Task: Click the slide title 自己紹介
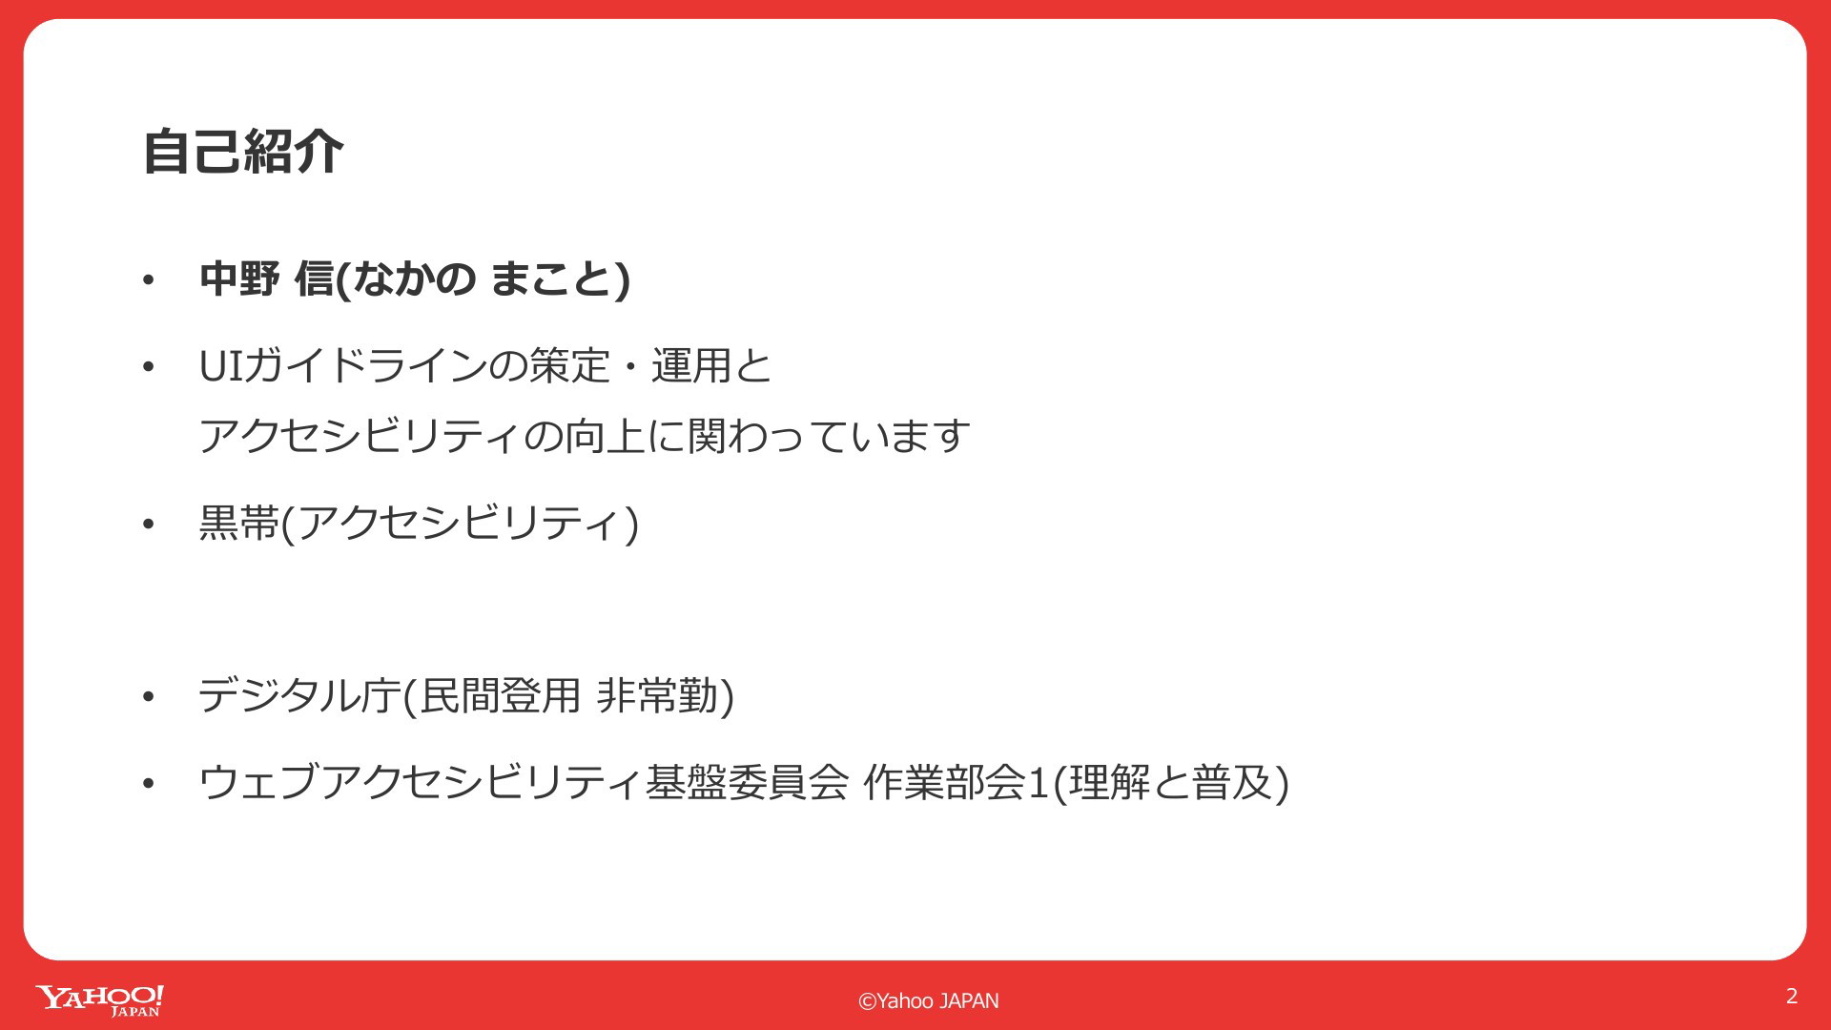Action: point(243,152)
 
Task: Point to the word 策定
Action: point(570,365)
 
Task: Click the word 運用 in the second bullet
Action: point(691,365)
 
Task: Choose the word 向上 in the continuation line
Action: point(606,437)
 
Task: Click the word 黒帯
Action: point(239,523)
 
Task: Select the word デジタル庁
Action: point(299,695)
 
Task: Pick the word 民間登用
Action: point(501,695)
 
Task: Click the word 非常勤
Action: point(657,695)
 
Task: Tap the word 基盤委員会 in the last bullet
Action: point(747,782)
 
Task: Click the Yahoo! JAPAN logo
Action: point(100,1000)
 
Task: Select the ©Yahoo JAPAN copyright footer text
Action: point(929,1000)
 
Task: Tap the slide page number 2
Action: point(1792,996)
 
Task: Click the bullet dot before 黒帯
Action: point(148,524)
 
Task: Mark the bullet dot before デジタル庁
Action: point(148,697)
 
